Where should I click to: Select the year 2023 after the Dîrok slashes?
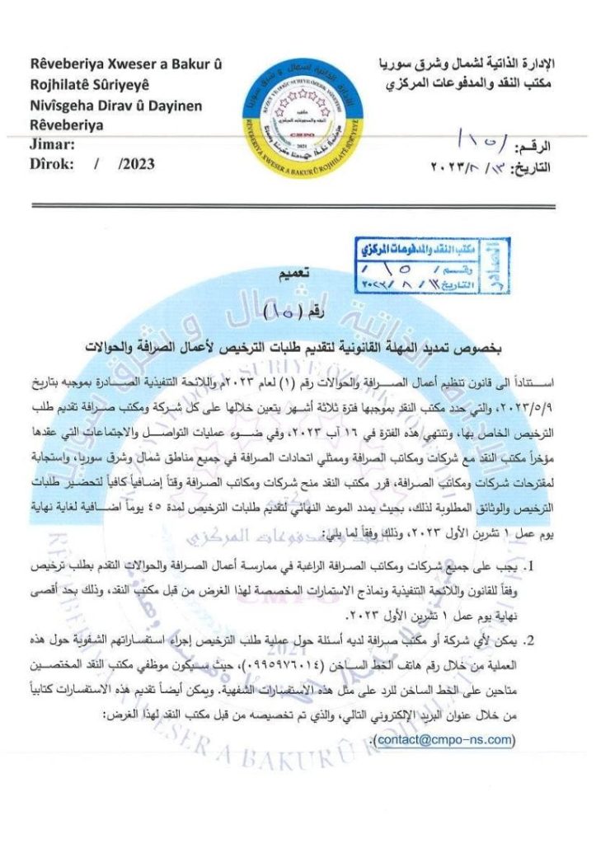click(x=136, y=163)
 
